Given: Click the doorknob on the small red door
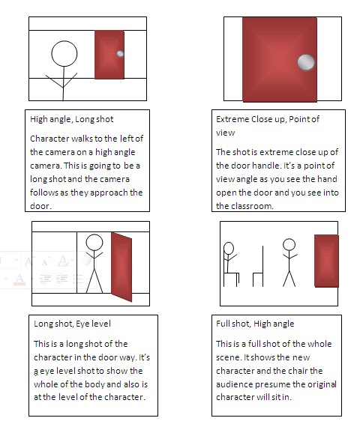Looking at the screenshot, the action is (x=120, y=54).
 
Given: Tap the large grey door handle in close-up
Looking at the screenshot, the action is (x=306, y=62).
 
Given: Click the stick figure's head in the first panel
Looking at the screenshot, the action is (x=64, y=54).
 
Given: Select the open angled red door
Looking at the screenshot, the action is (x=121, y=267).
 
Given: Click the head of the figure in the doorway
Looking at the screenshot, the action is (x=94, y=243).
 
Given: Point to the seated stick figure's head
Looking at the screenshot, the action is (x=229, y=248).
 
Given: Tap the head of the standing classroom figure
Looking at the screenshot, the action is (x=289, y=245).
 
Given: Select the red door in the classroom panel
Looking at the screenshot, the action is (x=326, y=261).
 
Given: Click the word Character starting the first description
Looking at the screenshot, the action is (x=49, y=139).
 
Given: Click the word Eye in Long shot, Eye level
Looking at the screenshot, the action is (x=82, y=324).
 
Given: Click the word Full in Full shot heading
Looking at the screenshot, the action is (x=223, y=324).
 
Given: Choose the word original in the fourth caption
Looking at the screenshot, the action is (x=322, y=384).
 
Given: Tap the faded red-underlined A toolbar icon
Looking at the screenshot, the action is (x=19, y=279).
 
